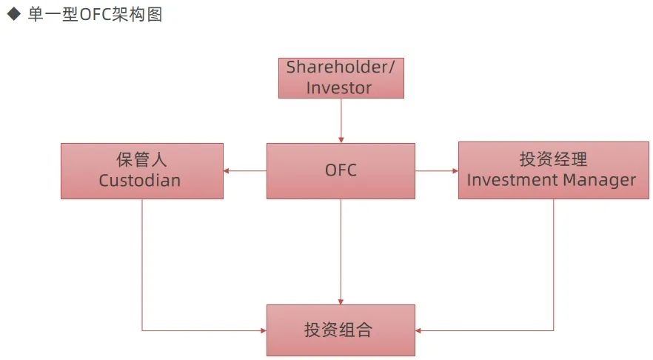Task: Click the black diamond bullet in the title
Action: [x=14, y=14]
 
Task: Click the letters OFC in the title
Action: [x=96, y=15]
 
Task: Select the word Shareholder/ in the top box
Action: [x=341, y=67]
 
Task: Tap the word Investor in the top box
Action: [x=339, y=88]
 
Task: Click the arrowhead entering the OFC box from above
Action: [x=341, y=139]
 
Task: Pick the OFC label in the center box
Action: [x=341, y=170]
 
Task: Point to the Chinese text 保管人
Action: [x=141, y=159]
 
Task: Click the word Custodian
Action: [x=140, y=181]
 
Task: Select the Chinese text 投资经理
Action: [x=554, y=159]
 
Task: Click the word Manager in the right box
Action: [x=599, y=181]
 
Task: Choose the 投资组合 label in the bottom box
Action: [x=338, y=330]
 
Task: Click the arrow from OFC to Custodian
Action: [x=245, y=171]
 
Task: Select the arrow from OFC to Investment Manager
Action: [x=437, y=171]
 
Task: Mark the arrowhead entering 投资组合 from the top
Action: [x=341, y=301]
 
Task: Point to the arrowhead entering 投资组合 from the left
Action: [x=264, y=331]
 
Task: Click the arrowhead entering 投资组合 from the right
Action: [x=418, y=331]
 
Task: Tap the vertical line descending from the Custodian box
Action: [x=142, y=265]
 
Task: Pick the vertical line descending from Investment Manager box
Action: [x=554, y=265]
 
